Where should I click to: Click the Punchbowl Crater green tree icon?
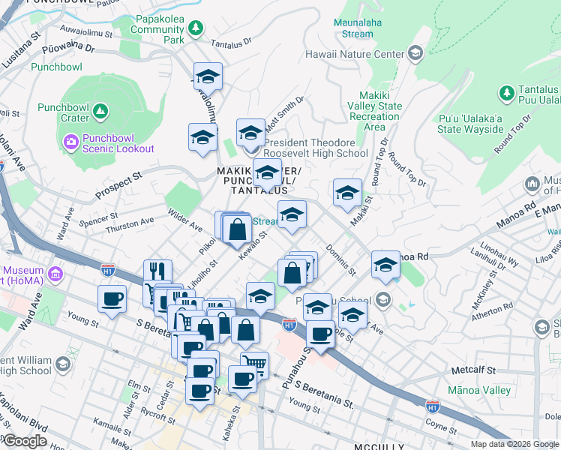[100, 113]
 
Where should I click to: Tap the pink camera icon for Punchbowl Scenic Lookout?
[70, 141]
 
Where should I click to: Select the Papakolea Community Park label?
[158, 30]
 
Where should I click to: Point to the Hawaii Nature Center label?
[354, 54]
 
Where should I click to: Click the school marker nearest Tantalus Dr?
[208, 76]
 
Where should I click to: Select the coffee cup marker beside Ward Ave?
[112, 299]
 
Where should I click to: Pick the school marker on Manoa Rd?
[385, 265]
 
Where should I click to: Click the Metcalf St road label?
[474, 370]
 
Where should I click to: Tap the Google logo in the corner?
[25, 441]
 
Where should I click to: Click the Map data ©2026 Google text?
[514, 444]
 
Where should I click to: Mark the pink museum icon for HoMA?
[54, 274]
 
